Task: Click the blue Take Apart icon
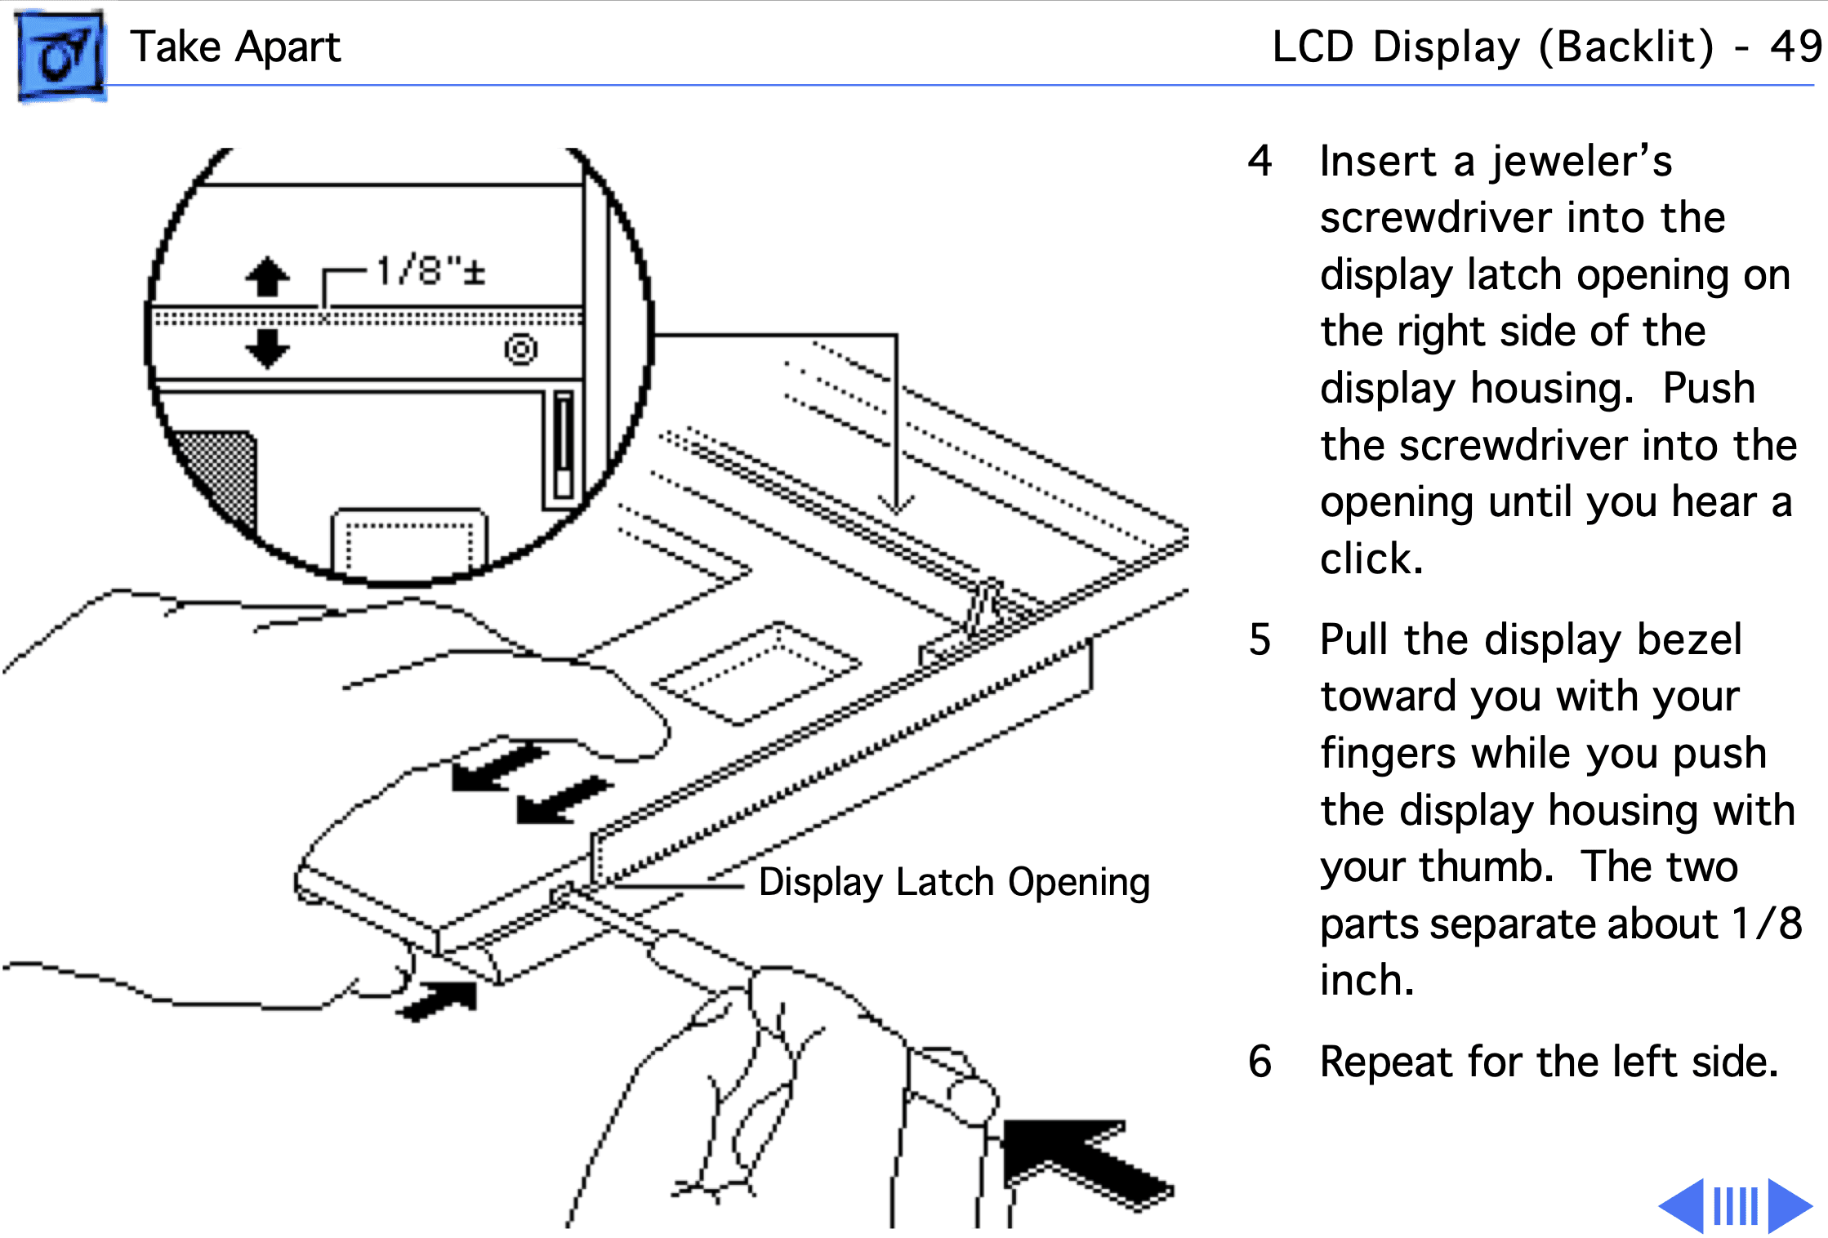tap(60, 56)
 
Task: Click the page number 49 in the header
tap(1795, 47)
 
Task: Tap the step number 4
tap(1260, 161)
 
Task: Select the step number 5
tap(1260, 639)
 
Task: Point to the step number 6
tap(1260, 1062)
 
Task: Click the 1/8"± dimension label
tap(430, 270)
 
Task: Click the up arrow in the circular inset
tap(267, 277)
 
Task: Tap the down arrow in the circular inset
tap(267, 348)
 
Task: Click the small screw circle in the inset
tap(520, 350)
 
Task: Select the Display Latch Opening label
tap(953, 882)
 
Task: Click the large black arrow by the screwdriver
tap(1078, 1160)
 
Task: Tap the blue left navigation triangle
tap(1683, 1205)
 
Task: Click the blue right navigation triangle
tap(1789, 1205)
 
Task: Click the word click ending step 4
tap(1371, 559)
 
